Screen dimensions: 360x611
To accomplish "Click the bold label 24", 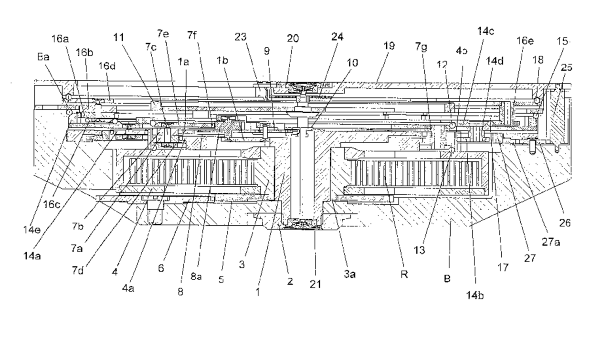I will point(337,37).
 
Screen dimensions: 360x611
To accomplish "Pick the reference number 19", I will point(389,46).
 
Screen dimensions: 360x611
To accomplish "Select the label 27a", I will point(550,242).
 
